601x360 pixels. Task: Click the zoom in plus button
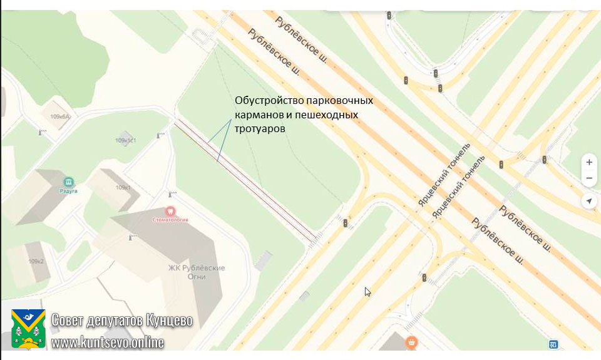click(x=588, y=162)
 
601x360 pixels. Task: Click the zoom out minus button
click(x=588, y=178)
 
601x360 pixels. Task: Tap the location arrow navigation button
click(x=588, y=201)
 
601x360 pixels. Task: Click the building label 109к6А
click(x=60, y=117)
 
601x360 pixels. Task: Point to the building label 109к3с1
click(x=126, y=141)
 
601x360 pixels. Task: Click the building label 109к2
click(x=36, y=262)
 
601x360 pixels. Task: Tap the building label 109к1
click(x=123, y=188)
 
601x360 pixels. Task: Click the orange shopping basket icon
click(x=411, y=342)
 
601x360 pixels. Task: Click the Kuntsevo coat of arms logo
click(x=28, y=329)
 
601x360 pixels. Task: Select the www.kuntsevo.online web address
click(x=107, y=342)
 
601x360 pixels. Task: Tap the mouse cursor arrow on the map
click(x=367, y=291)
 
